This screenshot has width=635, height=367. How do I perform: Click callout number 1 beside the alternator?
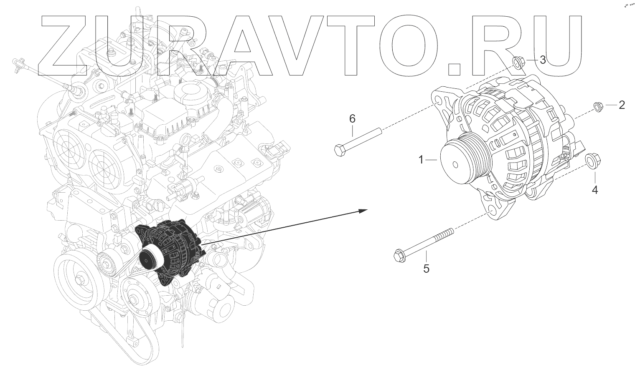(x=421, y=159)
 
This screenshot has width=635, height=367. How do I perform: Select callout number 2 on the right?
(x=622, y=105)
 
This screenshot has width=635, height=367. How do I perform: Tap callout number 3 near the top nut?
(x=543, y=60)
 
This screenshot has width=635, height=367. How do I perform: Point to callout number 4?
(x=594, y=190)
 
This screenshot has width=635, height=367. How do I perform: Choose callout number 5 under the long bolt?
(x=426, y=269)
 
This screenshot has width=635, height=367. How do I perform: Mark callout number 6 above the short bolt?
(x=352, y=119)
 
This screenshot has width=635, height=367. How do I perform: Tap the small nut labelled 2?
(x=598, y=107)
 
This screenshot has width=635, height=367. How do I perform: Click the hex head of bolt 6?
(x=340, y=149)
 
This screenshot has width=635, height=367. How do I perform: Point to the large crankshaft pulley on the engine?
(x=79, y=278)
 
